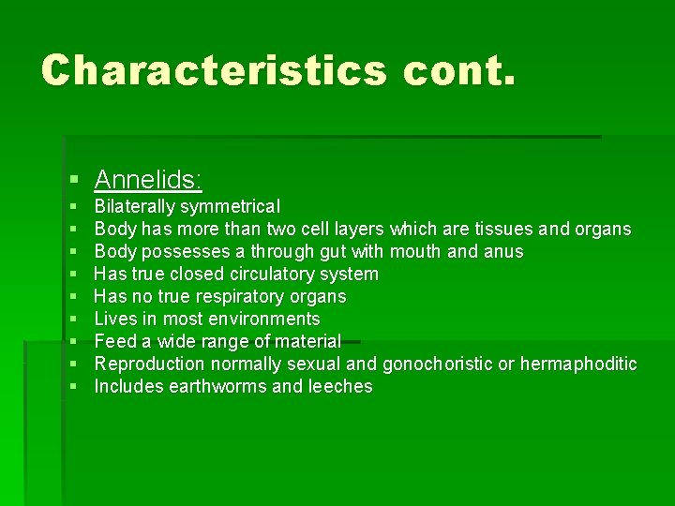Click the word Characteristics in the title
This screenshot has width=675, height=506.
214,70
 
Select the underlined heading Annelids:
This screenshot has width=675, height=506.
149,179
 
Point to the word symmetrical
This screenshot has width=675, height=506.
230,207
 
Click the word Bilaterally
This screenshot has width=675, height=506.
135,206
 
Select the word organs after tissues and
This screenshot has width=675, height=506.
602,229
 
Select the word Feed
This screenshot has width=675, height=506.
115,341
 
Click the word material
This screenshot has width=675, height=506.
307,341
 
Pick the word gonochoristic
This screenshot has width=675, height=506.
437,364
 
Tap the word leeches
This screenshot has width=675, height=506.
339,386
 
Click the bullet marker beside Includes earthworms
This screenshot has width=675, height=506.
73,387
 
